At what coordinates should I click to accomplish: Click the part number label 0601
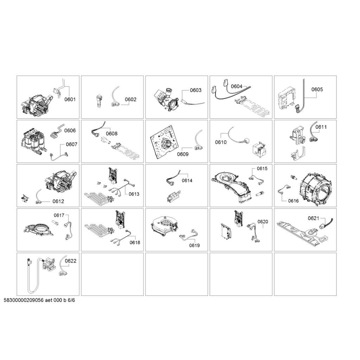[x=70, y=99]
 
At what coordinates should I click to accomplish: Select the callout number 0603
[x=195, y=90]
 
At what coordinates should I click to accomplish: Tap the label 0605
[x=317, y=89]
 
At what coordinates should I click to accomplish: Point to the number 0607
[x=72, y=144]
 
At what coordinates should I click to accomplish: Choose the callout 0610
[x=221, y=142]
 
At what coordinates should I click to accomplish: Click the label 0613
[x=134, y=194]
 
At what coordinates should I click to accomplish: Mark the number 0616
[x=294, y=201]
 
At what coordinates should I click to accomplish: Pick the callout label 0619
[x=194, y=246]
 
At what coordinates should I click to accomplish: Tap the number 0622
[x=71, y=261]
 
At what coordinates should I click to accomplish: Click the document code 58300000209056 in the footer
[x=24, y=300]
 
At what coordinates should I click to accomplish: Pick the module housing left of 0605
[x=286, y=99]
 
